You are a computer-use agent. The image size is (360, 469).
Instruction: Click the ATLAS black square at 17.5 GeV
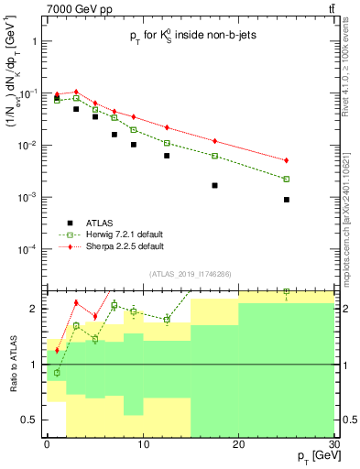(214, 185)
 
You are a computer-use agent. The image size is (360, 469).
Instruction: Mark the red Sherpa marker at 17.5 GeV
(214, 141)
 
